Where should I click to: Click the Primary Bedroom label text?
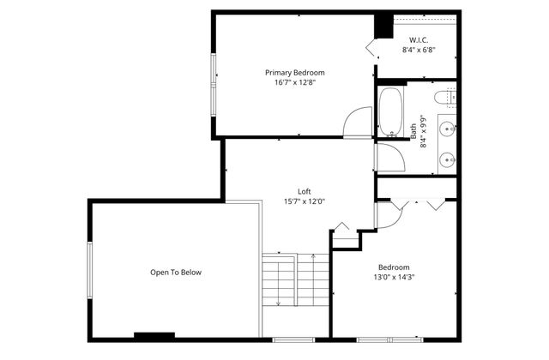(x=294, y=73)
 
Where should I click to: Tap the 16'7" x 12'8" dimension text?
(x=294, y=83)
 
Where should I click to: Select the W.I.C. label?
(x=419, y=39)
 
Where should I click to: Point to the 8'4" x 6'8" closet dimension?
(x=419, y=50)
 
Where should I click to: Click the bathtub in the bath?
(x=390, y=112)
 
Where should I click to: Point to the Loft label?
(x=304, y=191)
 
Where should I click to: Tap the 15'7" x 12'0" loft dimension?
(x=304, y=201)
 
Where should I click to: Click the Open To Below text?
(x=176, y=273)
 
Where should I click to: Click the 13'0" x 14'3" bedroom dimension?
(x=393, y=277)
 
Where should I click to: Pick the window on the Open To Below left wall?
(x=89, y=269)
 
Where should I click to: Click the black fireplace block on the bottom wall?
(x=154, y=335)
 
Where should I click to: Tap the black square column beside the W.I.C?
(x=382, y=25)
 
